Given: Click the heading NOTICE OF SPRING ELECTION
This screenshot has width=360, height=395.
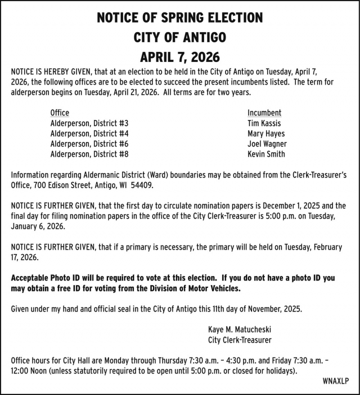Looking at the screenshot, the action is (x=180, y=17).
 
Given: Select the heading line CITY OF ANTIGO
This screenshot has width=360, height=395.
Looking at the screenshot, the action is (x=180, y=37).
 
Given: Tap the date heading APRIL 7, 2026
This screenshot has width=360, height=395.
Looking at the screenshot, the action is (x=180, y=57).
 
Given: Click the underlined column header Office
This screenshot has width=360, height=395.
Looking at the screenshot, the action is (x=60, y=113).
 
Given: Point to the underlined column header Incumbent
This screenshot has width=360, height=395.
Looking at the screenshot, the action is (x=264, y=113).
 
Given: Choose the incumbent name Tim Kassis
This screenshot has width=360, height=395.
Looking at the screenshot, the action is (x=264, y=123).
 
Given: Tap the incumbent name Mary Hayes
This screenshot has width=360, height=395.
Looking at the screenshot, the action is (x=266, y=134).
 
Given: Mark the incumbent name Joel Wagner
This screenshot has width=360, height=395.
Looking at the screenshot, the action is (x=267, y=144).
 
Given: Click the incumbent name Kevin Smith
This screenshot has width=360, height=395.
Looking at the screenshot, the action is (x=266, y=154).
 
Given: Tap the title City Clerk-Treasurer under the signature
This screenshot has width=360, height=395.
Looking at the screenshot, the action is (x=240, y=340).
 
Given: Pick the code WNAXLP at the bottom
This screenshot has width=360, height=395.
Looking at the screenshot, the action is (x=335, y=381).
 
